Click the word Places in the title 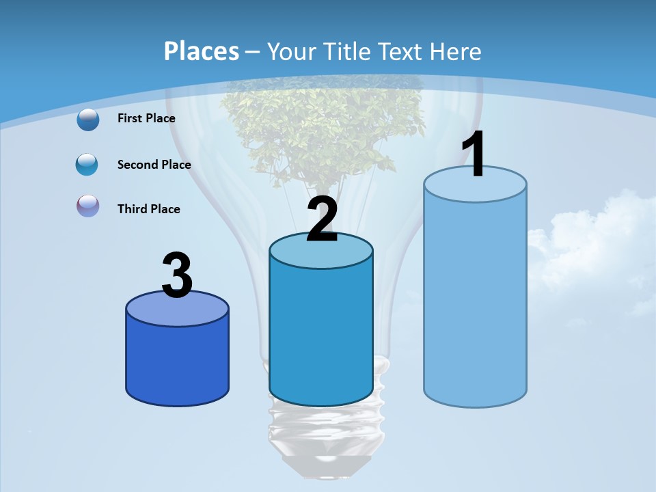point(202,51)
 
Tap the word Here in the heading point(456,51)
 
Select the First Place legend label point(146,118)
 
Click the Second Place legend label point(154,165)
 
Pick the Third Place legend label point(148,209)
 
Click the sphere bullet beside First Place point(88,120)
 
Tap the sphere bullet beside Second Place point(87,165)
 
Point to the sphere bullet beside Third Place point(88,206)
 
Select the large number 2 point(322,220)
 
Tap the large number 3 point(177,276)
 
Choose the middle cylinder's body point(321,335)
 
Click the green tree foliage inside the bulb point(321,130)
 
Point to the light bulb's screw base point(321,430)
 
